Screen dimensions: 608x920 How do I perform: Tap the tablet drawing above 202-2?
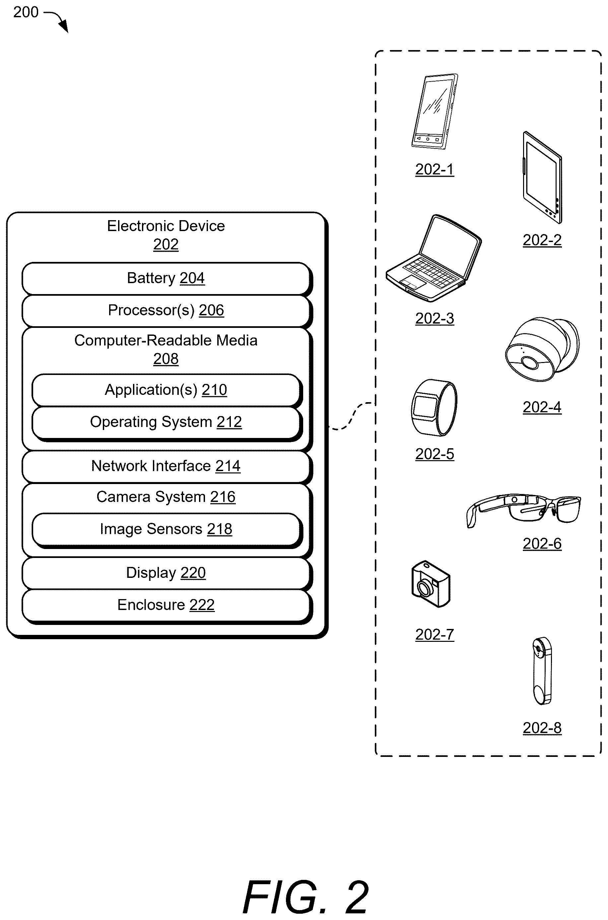[x=542, y=177]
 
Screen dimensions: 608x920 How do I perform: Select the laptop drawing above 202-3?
[x=434, y=258]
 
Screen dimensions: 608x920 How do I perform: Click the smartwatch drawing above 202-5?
[x=434, y=408]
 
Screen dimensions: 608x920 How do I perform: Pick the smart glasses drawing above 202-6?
[x=524, y=510]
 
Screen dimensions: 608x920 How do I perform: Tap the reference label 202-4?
[x=542, y=407]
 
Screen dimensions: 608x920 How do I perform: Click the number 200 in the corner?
[x=26, y=12]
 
